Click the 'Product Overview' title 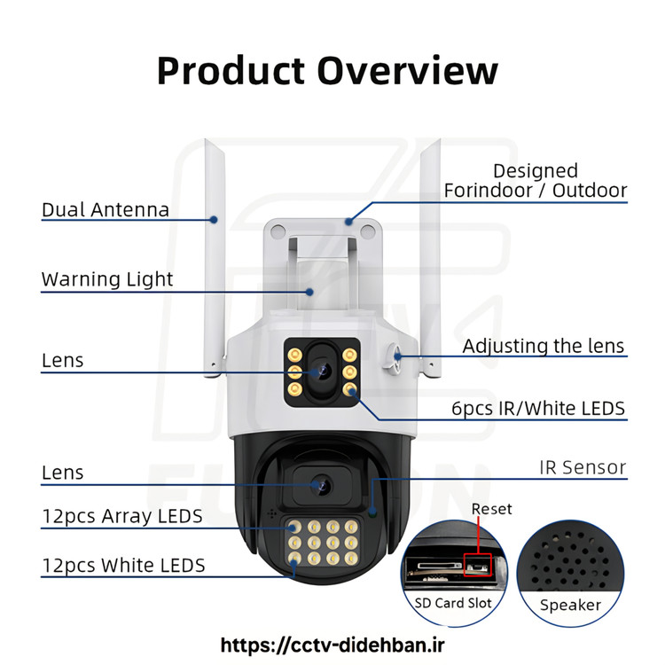point(327,70)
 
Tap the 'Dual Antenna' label point(106,209)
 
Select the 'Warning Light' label point(107,279)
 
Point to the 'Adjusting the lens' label point(544,346)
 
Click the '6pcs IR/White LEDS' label point(538,409)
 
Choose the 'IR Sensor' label point(583,467)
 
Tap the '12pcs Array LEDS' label point(122,516)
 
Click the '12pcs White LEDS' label point(123,566)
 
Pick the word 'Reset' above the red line point(491,509)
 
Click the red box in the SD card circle point(478,565)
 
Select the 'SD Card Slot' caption point(453,603)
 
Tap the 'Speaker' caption point(570,606)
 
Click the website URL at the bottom point(332,645)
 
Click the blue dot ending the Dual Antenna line point(215,220)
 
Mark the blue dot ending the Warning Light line point(309,292)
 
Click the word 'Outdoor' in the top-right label point(590,190)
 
